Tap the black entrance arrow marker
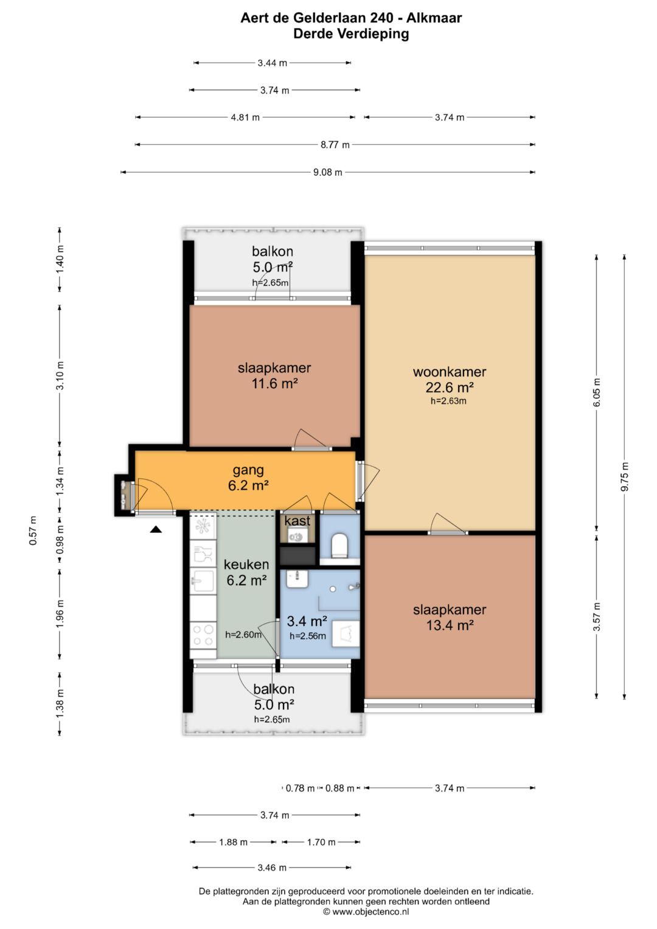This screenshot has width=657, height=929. point(156,529)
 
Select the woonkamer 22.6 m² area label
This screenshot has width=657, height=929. point(450,379)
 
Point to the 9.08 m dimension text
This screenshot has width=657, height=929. point(328,172)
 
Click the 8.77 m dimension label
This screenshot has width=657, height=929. point(335,145)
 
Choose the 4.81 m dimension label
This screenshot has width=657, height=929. point(245,117)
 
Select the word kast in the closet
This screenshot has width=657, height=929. point(297,521)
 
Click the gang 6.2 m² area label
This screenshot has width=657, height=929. point(248,478)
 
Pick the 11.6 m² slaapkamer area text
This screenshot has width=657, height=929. point(275,383)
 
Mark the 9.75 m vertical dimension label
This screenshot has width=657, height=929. point(625,476)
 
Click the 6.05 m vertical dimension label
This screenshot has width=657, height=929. point(597,392)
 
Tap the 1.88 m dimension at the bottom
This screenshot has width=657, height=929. point(234,843)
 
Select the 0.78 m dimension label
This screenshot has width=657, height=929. point(301,788)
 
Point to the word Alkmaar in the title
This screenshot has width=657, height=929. point(434,18)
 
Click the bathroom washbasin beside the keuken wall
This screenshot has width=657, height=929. point(296,579)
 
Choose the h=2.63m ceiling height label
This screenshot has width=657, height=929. point(448,401)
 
